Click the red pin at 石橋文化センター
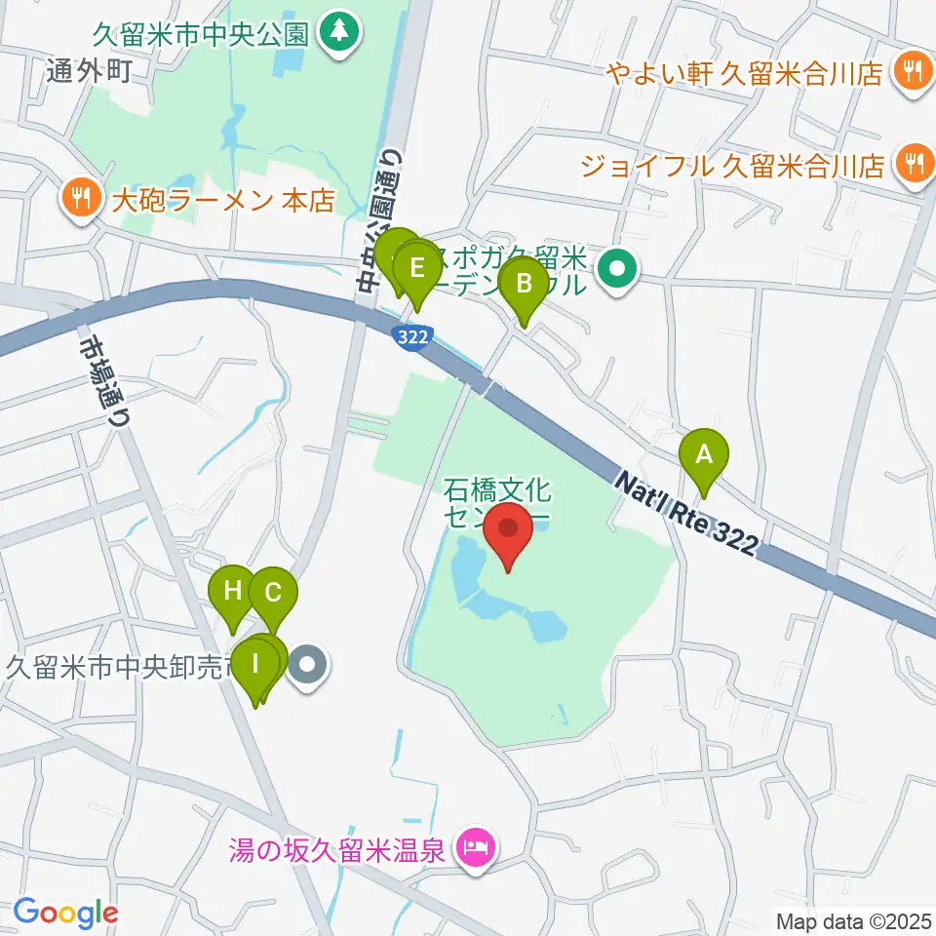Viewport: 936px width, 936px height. click(x=508, y=529)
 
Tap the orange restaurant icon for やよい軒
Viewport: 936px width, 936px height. click(x=912, y=71)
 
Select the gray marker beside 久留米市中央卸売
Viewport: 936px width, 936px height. click(x=308, y=667)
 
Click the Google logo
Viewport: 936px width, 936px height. click(x=64, y=913)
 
